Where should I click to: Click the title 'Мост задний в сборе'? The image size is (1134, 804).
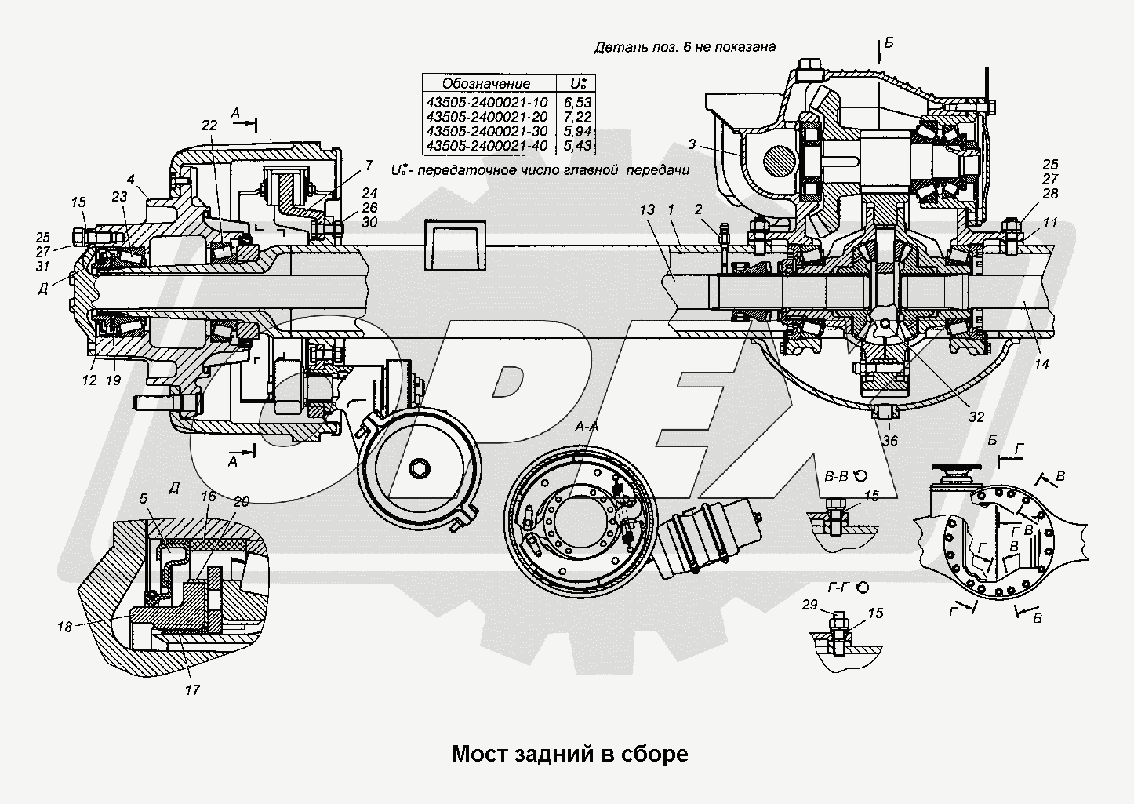(569, 754)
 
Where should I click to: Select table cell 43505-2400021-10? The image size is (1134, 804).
(486, 102)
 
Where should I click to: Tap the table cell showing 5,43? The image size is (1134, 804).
(576, 146)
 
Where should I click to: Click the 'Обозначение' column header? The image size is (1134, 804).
(486, 83)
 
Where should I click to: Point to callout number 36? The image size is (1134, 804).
(889, 441)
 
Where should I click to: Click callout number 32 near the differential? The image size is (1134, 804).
(976, 417)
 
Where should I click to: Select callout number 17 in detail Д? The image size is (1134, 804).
(192, 690)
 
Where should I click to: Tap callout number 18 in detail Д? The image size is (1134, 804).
(64, 627)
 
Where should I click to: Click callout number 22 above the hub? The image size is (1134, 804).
(208, 125)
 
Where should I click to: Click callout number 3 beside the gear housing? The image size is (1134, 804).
(692, 144)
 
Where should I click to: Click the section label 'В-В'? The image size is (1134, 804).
(838, 475)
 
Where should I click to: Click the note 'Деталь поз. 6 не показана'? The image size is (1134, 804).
(685, 46)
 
